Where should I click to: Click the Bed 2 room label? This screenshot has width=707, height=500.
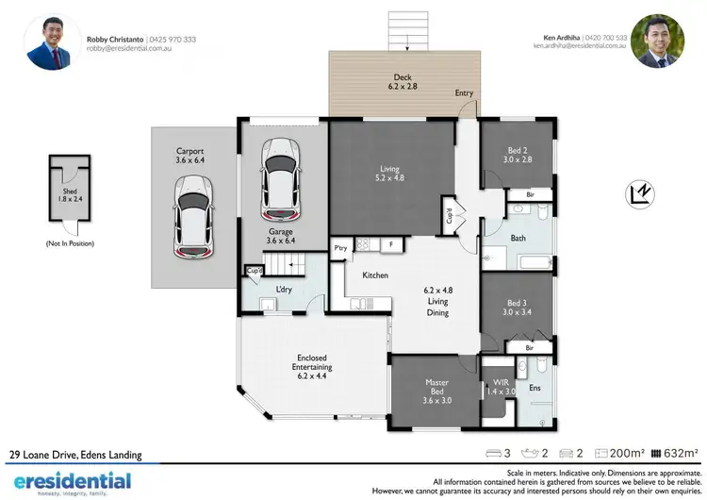(518, 155)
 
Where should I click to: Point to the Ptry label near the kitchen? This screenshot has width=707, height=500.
(341, 247)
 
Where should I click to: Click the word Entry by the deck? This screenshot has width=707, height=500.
(464, 93)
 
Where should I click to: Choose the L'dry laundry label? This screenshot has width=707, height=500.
(283, 289)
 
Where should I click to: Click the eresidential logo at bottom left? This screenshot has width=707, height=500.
(66, 481)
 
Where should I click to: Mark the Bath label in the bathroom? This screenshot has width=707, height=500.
(518, 239)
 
